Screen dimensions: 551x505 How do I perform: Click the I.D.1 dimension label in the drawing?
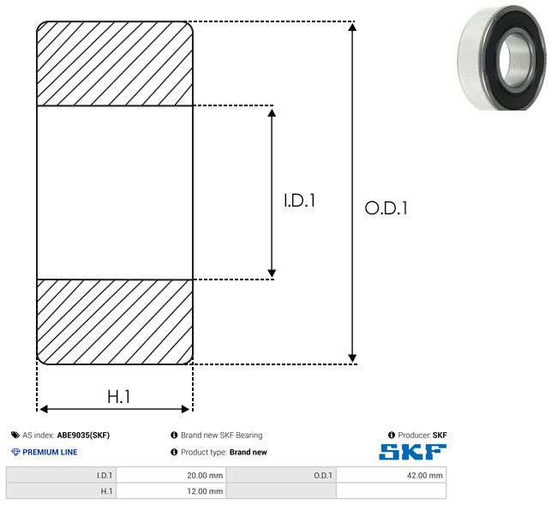pos(299,201)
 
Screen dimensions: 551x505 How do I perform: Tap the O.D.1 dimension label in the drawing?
pos(386,207)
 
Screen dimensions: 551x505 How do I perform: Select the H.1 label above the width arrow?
pos(119,397)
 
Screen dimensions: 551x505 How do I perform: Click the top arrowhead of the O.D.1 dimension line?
pos(352,27)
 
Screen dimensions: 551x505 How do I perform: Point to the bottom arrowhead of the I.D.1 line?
pos(272,273)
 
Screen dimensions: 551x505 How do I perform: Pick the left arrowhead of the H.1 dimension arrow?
pos(44,409)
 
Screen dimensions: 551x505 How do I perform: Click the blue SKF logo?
pos(412,452)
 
